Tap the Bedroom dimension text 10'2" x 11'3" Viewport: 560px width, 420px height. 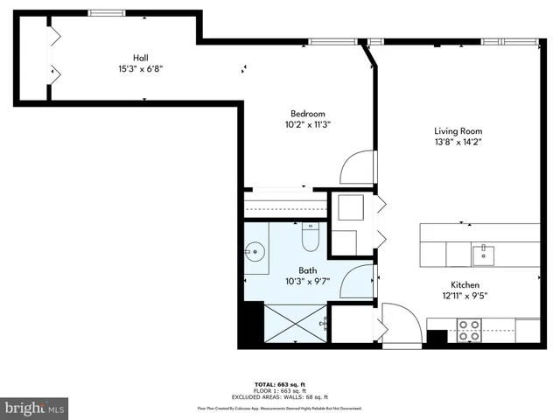pyautogui.click(x=307, y=125)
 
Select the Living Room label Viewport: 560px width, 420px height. pyautogui.click(x=458, y=131)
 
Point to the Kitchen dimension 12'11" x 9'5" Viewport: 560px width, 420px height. pyautogui.click(x=464, y=296)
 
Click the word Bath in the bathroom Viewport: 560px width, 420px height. pyautogui.click(x=308, y=270)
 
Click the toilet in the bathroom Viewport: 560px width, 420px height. pyautogui.click(x=311, y=236)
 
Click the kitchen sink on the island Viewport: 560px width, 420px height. pyautogui.click(x=482, y=255)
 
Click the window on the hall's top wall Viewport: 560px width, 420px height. pyautogui.click(x=106, y=12)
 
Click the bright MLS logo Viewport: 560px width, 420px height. pyautogui.click(x=35, y=408)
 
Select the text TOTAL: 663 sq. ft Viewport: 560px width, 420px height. pyautogui.click(x=279, y=384)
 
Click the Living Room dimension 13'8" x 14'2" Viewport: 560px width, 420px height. pyautogui.click(x=458, y=143)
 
